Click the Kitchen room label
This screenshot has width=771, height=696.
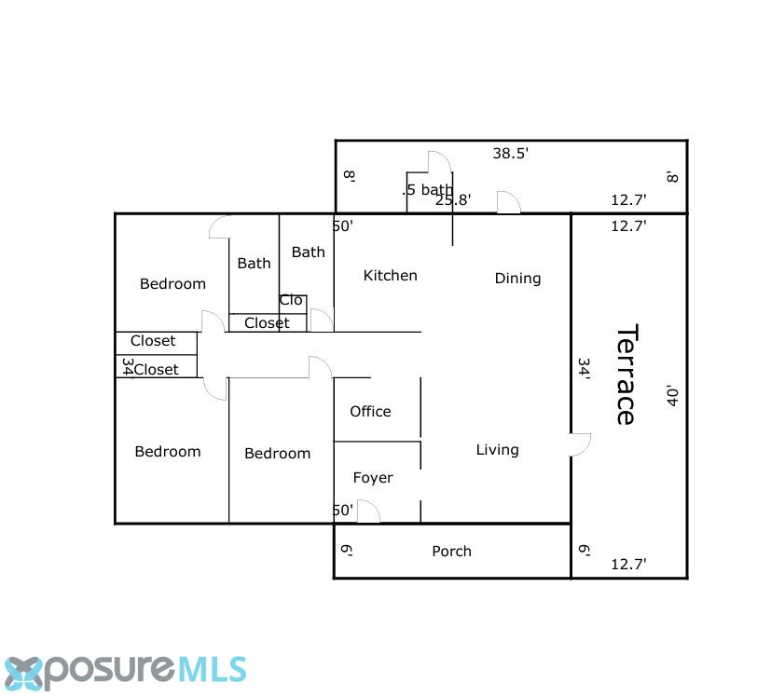(390, 275)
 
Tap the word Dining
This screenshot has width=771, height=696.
(517, 279)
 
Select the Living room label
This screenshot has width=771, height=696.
(497, 450)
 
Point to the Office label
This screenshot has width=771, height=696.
(370, 412)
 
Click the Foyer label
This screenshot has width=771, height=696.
(373, 478)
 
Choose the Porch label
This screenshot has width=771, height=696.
(451, 552)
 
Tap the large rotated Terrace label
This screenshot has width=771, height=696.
(626, 375)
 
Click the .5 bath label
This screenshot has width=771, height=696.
(427, 190)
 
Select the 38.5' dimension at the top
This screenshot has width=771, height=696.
(510, 154)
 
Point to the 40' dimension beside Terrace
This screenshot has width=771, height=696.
(672, 396)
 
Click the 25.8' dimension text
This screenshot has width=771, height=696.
(453, 200)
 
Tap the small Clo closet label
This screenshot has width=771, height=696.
(291, 300)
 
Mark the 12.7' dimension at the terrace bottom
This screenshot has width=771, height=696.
(628, 565)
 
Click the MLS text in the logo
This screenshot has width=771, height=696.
(211, 670)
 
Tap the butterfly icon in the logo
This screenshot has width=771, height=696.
(23, 674)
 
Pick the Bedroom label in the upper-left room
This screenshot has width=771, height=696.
(172, 283)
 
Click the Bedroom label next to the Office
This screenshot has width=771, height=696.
(277, 453)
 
